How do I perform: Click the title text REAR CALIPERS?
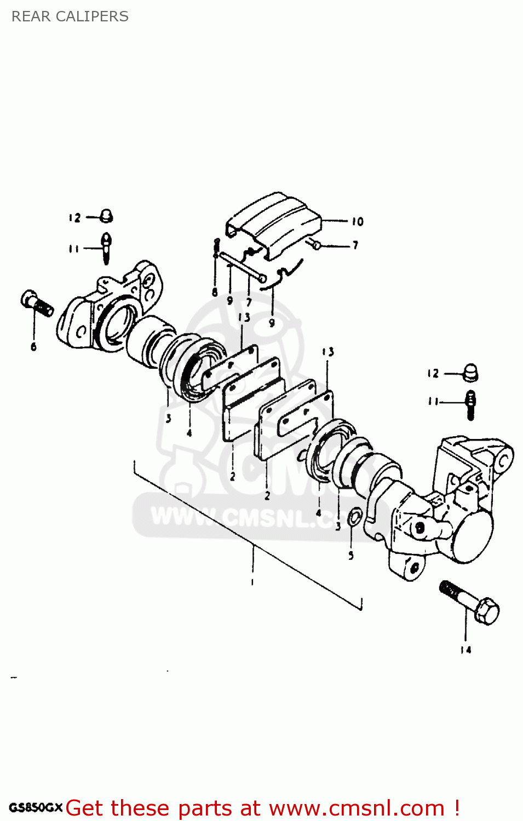[x=70, y=16]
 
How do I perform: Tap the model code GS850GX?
[x=36, y=807]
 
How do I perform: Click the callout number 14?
[x=465, y=650]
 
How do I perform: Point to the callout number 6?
[x=33, y=346]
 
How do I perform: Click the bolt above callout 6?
[x=37, y=304]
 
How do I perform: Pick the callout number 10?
[x=357, y=222]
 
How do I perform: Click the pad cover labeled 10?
[x=274, y=224]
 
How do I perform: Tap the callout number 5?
[x=351, y=556]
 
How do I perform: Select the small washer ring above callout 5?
[x=355, y=516]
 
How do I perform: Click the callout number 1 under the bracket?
[x=252, y=582]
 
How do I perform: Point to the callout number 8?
[x=215, y=292]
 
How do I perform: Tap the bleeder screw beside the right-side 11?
[x=470, y=404]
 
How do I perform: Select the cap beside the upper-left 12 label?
[x=106, y=216]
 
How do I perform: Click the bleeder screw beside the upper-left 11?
[x=106, y=247]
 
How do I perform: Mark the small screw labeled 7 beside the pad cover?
[x=315, y=245]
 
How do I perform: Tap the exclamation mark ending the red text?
[x=456, y=808]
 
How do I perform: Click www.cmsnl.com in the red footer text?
[x=357, y=808]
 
